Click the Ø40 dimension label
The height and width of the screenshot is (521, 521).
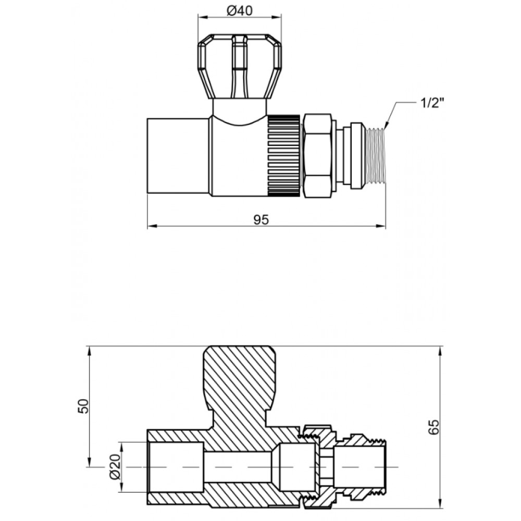[240, 11]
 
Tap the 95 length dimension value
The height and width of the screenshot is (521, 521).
[261, 220]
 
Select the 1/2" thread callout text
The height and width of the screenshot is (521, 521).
[432, 103]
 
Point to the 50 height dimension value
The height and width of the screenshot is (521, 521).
[84, 406]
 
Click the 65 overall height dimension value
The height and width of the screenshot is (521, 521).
[433, 427]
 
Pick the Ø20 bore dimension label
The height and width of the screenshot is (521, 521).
[114, 467]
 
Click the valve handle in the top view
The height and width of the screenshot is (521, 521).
[240, 66]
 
